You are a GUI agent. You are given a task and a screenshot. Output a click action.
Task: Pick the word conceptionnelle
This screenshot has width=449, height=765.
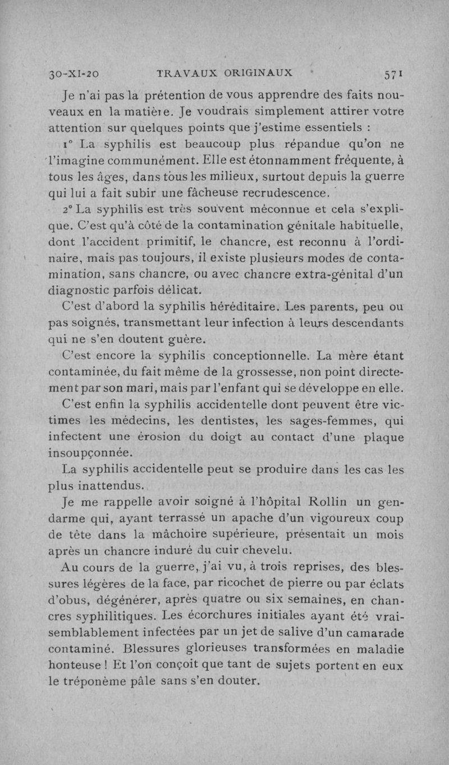(258, 356)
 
